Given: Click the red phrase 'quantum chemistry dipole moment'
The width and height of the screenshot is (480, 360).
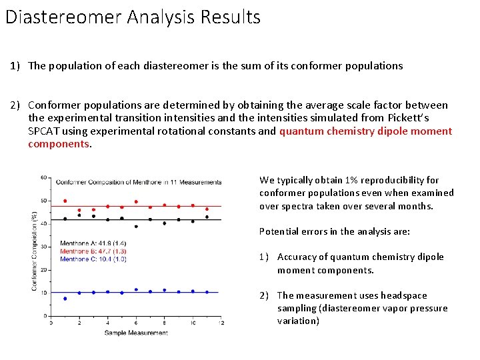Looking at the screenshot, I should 365,131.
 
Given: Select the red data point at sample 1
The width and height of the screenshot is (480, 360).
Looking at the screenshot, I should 65,201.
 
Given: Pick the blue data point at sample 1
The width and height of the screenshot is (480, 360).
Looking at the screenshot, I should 65,299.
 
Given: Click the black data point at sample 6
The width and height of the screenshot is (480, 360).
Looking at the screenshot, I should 136,227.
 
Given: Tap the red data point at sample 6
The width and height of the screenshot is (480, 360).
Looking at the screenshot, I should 136,201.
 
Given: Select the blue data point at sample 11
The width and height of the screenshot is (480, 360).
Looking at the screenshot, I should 207,292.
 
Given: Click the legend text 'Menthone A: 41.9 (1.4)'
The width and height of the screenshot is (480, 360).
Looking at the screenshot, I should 93,243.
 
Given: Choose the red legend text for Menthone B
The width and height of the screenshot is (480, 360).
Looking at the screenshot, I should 93,251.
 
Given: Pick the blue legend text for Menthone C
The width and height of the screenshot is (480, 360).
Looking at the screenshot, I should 93,259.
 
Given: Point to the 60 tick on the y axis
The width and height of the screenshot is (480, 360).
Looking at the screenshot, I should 43,177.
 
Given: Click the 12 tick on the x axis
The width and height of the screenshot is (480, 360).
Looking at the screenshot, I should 221,323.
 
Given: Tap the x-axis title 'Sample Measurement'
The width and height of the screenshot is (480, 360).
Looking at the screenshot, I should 136,333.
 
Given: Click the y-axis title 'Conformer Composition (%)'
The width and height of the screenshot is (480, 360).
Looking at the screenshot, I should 34,250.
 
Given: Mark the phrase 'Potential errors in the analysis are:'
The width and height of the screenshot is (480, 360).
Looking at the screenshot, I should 335,231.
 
